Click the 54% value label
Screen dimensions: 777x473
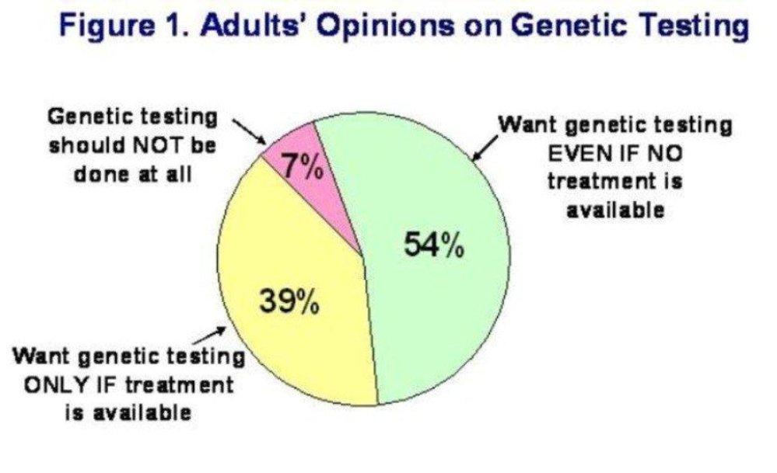435,245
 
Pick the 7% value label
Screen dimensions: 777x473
303,166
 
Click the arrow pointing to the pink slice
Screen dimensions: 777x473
249,131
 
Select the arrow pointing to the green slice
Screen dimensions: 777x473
485,148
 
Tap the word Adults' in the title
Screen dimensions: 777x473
257,24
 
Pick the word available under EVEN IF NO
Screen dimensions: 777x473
615,210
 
